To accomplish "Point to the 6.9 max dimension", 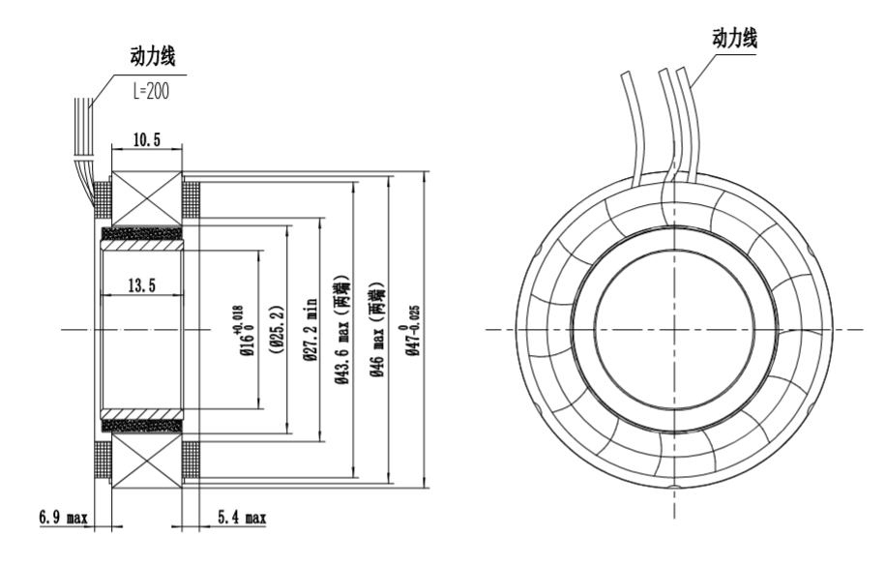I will pyautogui.click(x=63, y=519).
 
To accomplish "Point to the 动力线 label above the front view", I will pyautogui.click(x=734, y=38).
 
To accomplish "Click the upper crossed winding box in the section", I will pyautogui.click(x=148, y=199).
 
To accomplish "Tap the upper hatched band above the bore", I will pyautogui.click(x=141, y=234).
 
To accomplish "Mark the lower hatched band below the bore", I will pyautogui.click(x=141, y=424).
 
